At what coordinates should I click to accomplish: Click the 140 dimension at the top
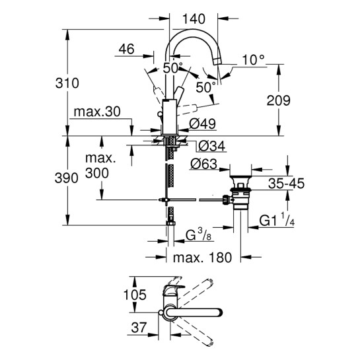click(x=194, y=19)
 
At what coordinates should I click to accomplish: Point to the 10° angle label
click(x=252, y=59)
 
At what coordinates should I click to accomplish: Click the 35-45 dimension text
click(x=286, y=184)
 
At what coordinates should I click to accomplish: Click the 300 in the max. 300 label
click(x=96, y=174)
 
